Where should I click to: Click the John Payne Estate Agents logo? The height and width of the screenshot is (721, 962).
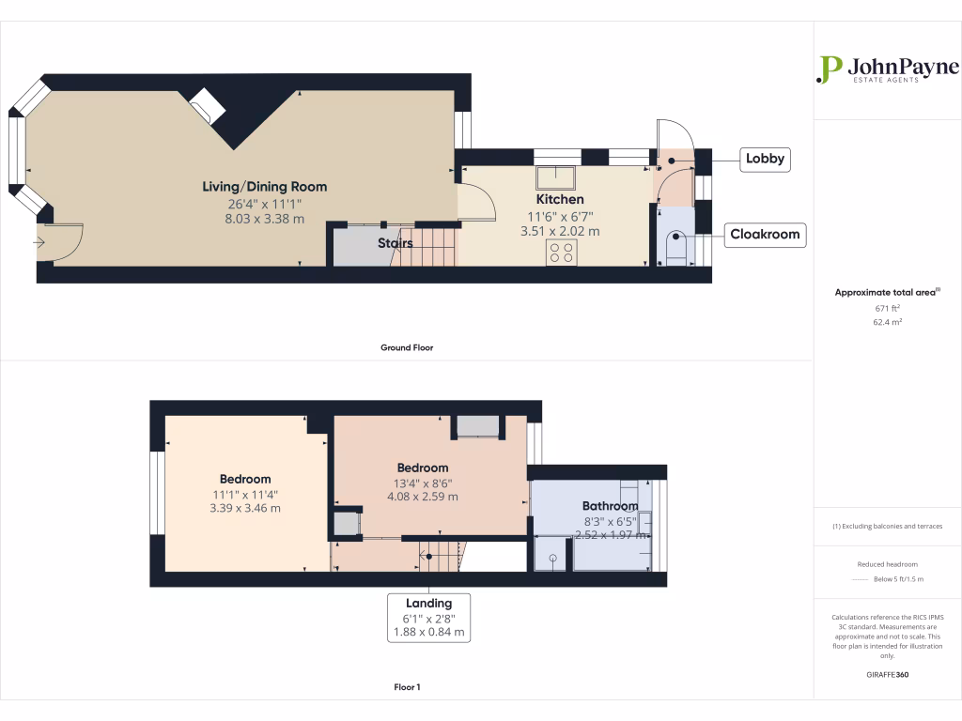click(x=887, y=70)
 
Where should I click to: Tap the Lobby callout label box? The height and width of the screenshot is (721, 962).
click(x=765, y=159)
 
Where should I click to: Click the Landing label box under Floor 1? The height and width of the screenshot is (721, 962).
click(x=429, y=618)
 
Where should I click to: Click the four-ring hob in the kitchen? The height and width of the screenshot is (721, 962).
click(x=563, y=252)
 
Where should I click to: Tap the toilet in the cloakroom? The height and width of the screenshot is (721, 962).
click(x=675, y=249)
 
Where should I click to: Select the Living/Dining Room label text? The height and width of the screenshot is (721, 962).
click(x=265, y=187)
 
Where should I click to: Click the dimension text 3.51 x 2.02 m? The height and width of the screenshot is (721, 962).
click(x=560, y=230)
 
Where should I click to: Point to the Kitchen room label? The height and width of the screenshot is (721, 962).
click(x=560, y=199)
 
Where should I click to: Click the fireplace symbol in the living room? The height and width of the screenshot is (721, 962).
click(x=207, y=106)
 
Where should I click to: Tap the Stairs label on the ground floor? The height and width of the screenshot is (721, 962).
click(x=396, y=244)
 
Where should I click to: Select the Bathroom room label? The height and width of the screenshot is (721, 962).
click(x=610, y=506)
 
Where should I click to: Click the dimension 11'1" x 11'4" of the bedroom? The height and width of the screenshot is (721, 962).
click(x=245, y=494)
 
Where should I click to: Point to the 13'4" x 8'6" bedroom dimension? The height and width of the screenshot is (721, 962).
click(x=422, y=483)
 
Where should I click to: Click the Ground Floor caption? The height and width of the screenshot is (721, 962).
click(x=406, y=347)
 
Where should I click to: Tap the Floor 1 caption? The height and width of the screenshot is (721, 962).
click(x=407, y=687)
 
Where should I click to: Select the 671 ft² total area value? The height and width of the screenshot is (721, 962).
click(x=887, y=308)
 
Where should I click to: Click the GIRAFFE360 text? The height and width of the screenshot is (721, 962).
click(x=887, y=674)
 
